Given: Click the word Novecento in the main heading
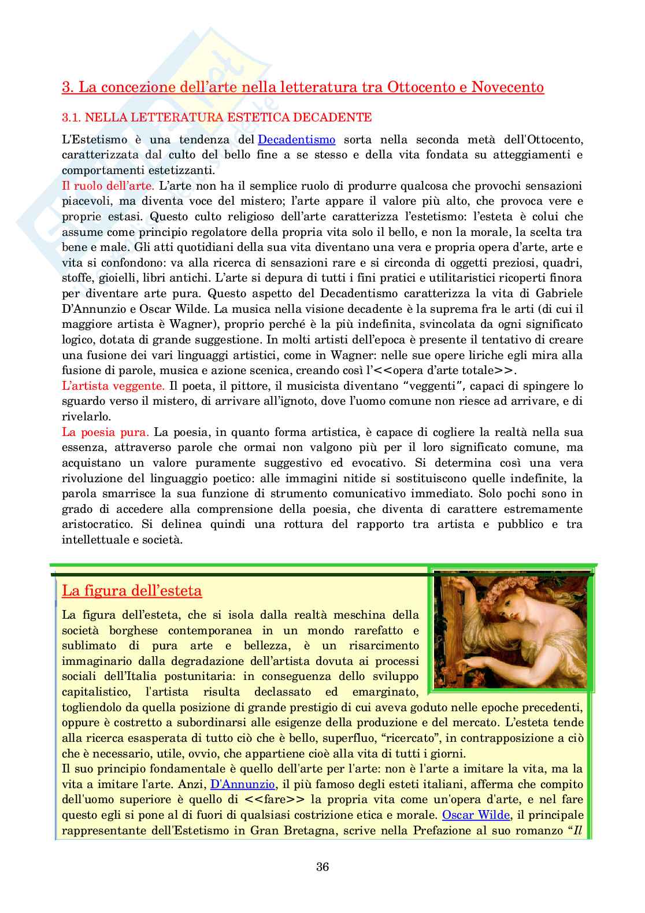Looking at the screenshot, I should pyautogui.click(x=507, y=87).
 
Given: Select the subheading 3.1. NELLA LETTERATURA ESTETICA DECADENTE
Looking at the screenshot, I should pyautogui.click(x=217, y=117).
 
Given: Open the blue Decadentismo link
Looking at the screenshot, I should pyautogui.click(x=296, y=139).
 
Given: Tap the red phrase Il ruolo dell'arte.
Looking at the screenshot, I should pyautogui.click(x=108, y=186).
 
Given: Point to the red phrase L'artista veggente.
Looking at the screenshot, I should pyautogui.click(x=113, y=386).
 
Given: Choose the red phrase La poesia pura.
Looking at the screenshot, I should pyautogui.click(x=105, y=432).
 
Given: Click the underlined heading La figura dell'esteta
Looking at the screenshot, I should pyautogui.click(x=132, y=591).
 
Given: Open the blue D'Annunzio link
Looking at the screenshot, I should pyautogui.click(x=242, y=785).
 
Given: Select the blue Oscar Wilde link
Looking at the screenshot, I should pyautogui.click(x=476, y=815).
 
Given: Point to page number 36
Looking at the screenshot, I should pyautogui.click(x=322, y=867).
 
